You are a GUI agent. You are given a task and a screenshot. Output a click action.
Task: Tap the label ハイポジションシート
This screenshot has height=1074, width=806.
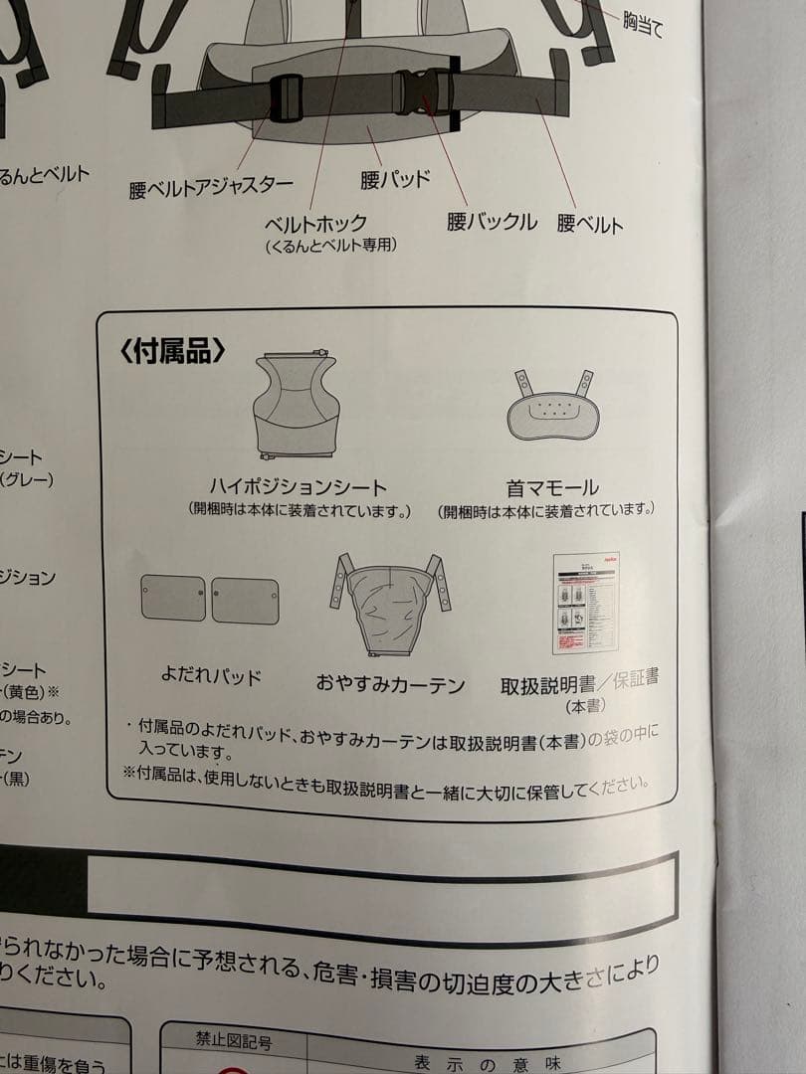298,487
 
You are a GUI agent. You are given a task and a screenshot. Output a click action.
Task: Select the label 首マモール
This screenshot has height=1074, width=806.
552,488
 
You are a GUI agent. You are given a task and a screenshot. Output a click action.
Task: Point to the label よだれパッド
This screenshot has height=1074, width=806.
211,676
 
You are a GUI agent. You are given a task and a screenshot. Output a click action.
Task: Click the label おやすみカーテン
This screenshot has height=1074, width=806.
390,683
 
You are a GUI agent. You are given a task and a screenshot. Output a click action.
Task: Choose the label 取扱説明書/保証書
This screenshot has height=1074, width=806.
579,683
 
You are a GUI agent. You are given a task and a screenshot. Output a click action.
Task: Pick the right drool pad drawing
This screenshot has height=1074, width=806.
245,601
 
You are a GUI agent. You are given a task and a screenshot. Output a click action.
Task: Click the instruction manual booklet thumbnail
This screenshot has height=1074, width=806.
586,602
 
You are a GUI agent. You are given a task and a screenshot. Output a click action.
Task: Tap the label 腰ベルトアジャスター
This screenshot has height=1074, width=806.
211,187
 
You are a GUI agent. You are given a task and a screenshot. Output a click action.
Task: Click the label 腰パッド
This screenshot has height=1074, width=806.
395,179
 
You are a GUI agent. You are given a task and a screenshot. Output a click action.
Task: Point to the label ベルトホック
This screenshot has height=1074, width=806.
315,224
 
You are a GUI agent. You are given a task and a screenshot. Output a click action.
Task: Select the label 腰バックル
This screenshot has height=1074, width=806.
492,222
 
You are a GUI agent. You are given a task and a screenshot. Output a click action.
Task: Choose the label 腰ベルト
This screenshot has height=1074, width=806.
590,224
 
